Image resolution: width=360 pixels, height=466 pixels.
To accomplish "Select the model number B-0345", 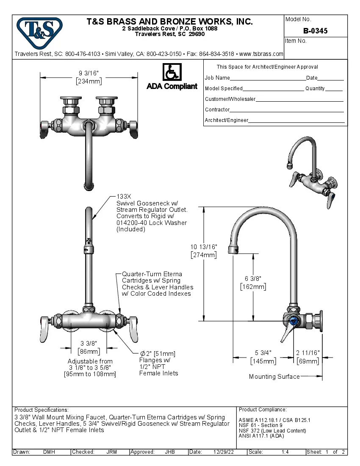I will [x=315, y=31].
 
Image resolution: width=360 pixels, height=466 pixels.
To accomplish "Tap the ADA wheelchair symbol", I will [x=172, y=72].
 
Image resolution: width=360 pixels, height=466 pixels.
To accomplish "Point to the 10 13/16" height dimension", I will [x=203, y=247].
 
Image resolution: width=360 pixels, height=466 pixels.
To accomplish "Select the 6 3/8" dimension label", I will [x=253, y=278].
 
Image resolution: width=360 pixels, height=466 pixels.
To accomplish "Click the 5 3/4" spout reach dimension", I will [x=263, y=353].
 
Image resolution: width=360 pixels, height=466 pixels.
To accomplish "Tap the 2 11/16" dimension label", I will [x=308, y=353].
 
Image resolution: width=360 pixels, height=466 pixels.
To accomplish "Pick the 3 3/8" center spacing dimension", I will [x=89, y=343].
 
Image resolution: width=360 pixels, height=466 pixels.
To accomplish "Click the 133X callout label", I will [x=124, y=197].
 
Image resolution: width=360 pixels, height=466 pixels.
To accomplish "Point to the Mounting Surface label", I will [x=274, y=377].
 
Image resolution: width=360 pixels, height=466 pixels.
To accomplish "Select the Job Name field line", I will [x=267, y=78].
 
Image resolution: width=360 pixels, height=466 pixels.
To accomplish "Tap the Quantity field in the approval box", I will [x=334, y=89].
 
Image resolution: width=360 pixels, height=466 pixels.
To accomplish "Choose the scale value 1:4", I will [x=285, y=452].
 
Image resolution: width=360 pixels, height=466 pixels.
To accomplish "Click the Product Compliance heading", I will [x=263, y=410].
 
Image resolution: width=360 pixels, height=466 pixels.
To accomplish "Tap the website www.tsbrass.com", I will [x=261, y=54].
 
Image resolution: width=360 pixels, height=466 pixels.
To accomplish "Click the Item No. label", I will [x=296, y=41].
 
